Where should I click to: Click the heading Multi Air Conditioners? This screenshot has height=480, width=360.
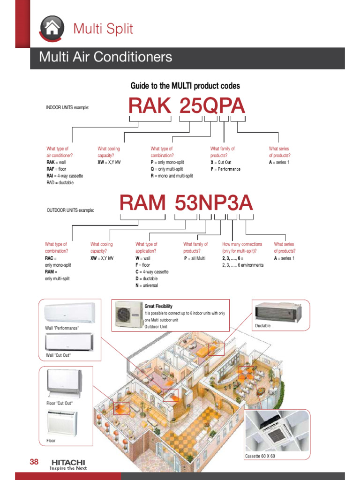pos(105,58)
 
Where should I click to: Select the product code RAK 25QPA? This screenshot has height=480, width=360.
pos(187,106)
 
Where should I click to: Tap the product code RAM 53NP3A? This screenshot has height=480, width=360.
pos(186,203)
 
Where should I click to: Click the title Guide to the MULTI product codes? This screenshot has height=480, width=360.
pos(185,86)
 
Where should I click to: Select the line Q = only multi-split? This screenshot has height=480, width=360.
pos(167,169)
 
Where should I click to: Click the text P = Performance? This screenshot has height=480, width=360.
pos(225,169)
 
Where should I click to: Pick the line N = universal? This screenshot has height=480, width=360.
pos(147,285)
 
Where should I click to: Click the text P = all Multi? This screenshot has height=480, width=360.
pos(195,258)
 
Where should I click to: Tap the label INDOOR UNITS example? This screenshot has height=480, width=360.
pos(67,108)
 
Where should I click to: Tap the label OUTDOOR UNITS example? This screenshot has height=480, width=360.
pos(70,210)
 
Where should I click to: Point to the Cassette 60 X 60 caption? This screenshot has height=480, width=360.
pos(260,456)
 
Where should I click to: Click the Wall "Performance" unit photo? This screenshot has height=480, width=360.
pos(69,313)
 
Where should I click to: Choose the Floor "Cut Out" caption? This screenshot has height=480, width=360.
pos(60,403)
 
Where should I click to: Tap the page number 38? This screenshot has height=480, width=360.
pos(34,462)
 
